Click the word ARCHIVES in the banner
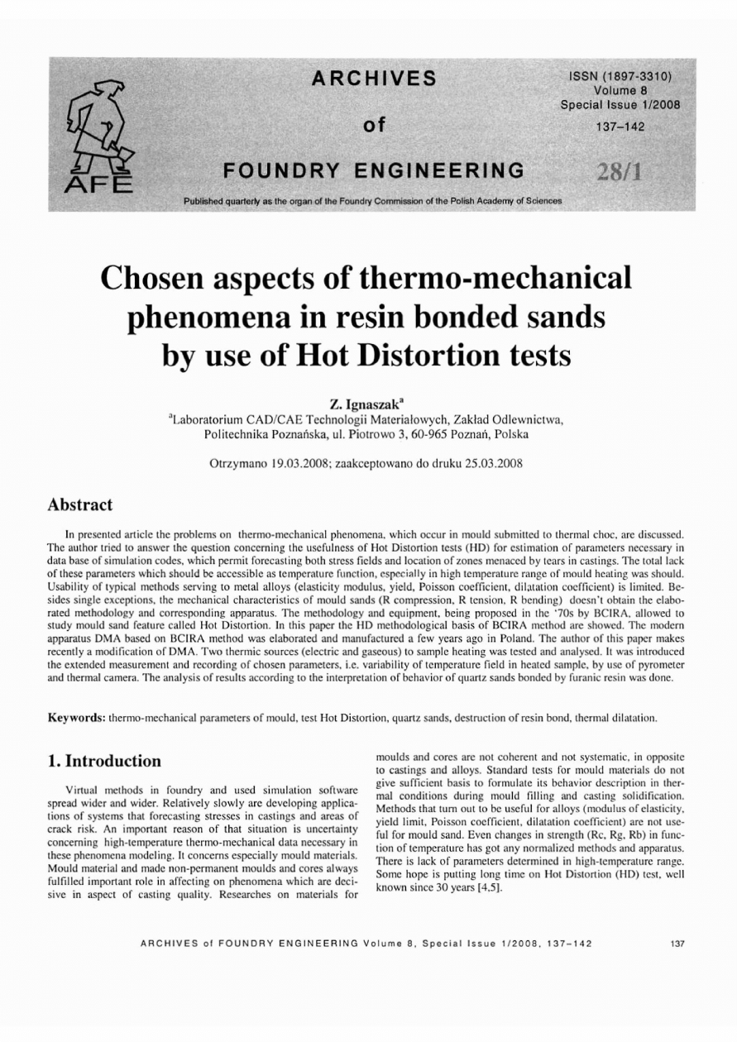(373, 79)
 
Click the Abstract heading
(79, 504)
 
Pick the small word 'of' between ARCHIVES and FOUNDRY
(375, 126)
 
